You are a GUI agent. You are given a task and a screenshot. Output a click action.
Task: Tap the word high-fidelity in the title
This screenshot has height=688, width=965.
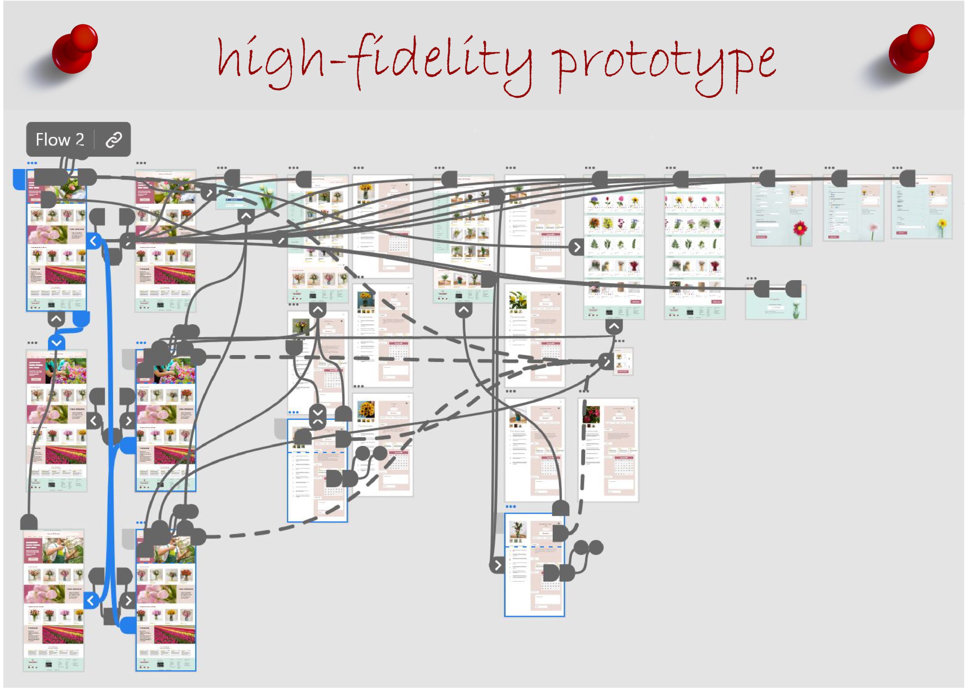373,61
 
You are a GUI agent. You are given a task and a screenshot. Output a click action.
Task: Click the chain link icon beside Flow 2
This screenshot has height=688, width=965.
113,139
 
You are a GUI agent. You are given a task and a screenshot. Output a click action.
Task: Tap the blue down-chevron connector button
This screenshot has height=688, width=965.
57,342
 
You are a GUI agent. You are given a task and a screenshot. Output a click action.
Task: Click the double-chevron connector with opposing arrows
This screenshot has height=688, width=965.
317,417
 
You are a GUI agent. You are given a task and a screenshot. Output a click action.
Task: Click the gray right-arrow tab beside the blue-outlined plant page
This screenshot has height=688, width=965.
497,565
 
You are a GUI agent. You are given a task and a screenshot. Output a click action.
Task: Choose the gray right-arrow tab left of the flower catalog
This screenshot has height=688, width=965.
576,247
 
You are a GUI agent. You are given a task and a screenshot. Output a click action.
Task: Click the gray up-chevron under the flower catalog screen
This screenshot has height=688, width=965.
614,326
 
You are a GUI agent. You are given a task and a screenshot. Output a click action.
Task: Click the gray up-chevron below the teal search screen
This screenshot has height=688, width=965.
246,217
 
